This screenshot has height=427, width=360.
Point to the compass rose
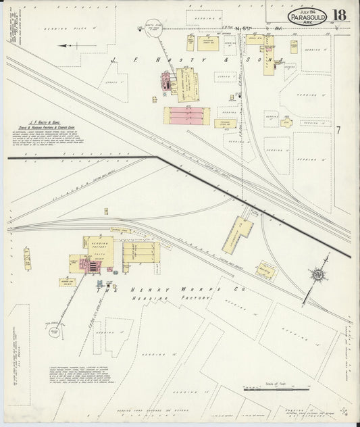tap(317, 274)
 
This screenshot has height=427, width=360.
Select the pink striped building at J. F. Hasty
tap(187, 116)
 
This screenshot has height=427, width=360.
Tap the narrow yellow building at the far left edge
tap(27, 259)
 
